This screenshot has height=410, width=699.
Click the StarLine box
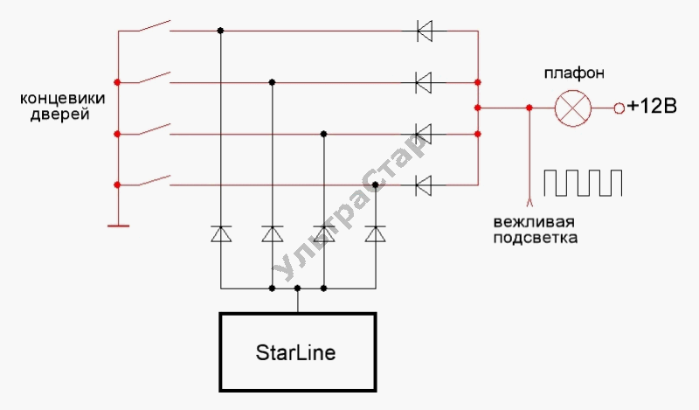tap(297, 352)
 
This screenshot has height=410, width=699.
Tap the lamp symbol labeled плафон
tap(573, 108)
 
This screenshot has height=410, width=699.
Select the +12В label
tap(651, 108)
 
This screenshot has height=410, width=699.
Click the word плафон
tap(572, 71)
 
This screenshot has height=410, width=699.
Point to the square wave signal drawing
tap(584, 182)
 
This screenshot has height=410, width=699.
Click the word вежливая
tap(523, 221)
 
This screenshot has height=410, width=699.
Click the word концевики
tap(54, 98)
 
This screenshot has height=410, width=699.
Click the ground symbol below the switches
tap(117, 226)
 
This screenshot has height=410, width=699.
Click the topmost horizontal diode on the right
tap(425, 31)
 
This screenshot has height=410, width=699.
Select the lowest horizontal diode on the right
tap(425, 185)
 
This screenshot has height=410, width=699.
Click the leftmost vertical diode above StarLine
tap(221, 234)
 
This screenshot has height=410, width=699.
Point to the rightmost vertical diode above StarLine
tap(376, 234)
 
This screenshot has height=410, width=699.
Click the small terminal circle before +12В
tap(619, 108)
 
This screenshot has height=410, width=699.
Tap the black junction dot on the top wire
tap(221, 31)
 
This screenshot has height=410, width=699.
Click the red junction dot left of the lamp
tap(529, 108)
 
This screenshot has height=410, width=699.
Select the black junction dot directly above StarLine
tap(298, 288)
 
